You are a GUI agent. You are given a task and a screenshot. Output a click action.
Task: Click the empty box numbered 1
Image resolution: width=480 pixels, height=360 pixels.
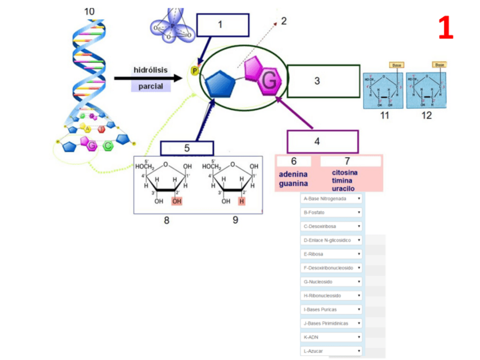pyautogui.click(x=222, y=25)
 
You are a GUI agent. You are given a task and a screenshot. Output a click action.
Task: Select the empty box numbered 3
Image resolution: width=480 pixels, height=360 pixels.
pyautogui.click(x=323, y=81)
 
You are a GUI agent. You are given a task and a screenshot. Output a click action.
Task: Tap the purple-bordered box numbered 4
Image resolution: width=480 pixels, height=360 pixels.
pyautogui.click(x=322, y=141)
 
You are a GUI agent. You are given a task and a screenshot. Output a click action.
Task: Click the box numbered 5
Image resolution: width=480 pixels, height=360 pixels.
pyautogui.click(x=187, y=148)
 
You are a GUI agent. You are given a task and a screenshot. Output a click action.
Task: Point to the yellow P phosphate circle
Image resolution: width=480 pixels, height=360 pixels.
pyautogui.click(x=195, y=71)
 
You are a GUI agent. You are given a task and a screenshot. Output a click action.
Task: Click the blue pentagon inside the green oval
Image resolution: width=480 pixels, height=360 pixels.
pyautogui.click(x=220, y=85)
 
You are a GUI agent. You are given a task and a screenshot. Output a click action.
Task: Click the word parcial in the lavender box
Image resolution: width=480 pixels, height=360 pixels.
pyautogui.click(x=151, y=86)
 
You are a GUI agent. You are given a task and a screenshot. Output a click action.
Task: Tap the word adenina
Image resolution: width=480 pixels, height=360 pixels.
pyautogui.click(x=293, y=174)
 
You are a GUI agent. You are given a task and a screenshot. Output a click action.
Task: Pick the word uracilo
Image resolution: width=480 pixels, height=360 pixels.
pyautogui.click(x=344, y=188)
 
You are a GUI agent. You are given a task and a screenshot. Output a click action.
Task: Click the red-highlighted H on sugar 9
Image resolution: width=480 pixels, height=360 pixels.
pyautogui.click(x=242, y=201)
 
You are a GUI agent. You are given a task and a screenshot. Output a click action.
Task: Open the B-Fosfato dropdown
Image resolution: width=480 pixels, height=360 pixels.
pyautogui.click(x=332, y=213)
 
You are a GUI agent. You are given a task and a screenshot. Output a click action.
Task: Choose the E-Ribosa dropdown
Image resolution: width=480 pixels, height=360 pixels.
pyautogui.click(x=332, y=254)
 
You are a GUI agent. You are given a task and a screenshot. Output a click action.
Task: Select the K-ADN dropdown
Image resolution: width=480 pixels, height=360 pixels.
pyautogui.click(x=332, y=337)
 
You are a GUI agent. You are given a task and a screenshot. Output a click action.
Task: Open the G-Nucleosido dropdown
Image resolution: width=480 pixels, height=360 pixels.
pyautogui.click(x=332, y=282)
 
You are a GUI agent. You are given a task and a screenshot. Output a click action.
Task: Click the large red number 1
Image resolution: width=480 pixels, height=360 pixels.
pyautogui.click(x=445, y=28)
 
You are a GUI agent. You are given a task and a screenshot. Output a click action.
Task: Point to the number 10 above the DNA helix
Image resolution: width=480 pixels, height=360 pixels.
pyautogui.click(x=89, y=11)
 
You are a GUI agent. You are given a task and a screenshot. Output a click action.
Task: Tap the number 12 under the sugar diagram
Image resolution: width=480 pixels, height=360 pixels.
pyautogui.click(x=426, y=115)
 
